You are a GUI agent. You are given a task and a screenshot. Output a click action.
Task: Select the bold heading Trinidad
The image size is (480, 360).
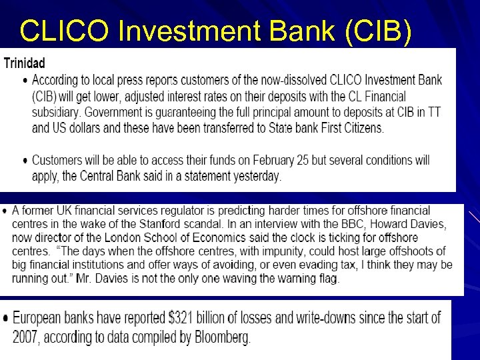[25, 64]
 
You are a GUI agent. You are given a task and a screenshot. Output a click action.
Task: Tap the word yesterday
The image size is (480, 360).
[257, 177]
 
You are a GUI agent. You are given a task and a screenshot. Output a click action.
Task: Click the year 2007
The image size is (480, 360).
[25, 338]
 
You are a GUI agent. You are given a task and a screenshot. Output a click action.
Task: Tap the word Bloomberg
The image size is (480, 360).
[222, 338]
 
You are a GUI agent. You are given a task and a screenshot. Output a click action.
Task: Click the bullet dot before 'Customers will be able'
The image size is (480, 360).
[25, 161]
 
